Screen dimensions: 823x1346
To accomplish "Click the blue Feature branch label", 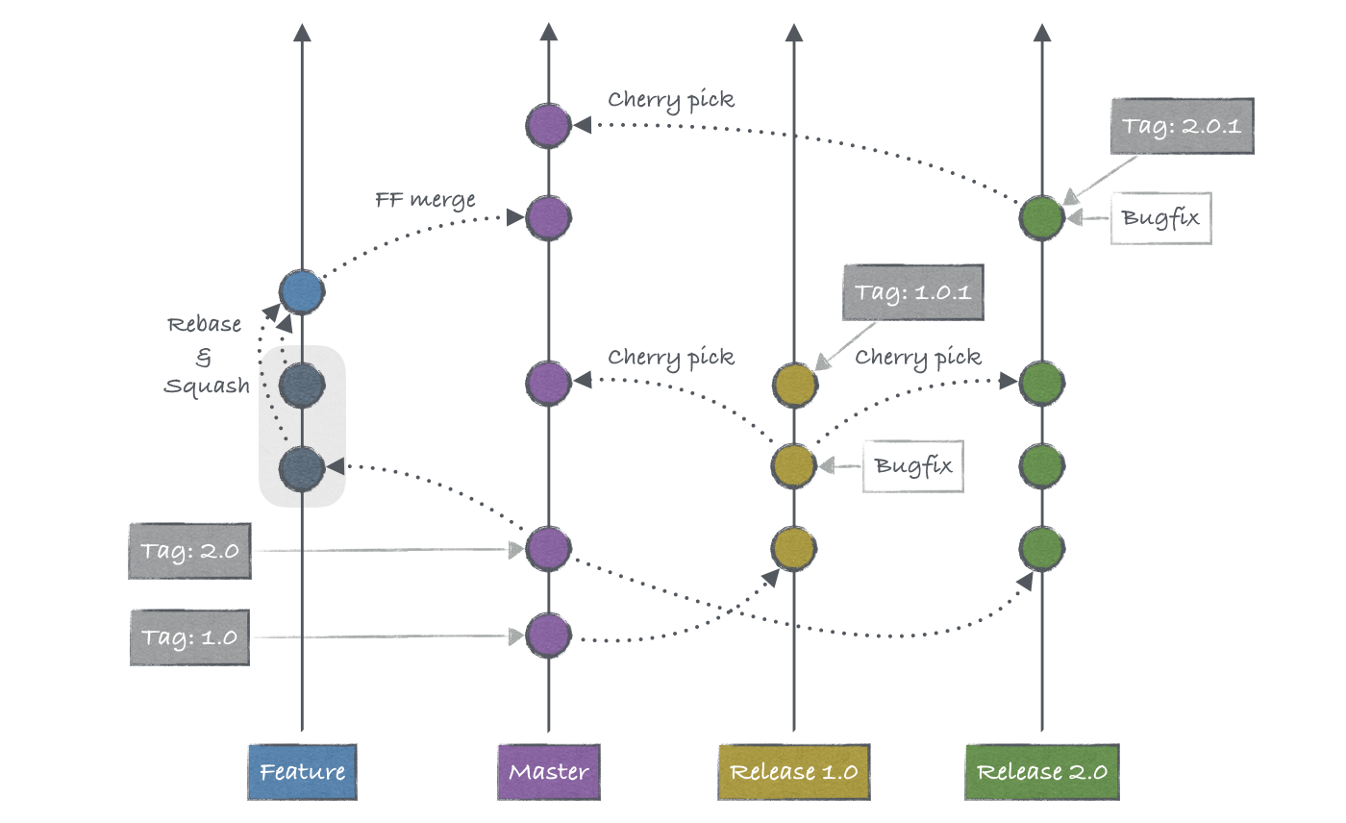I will tap(302, 771).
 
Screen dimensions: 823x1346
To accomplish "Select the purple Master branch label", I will tap(548, 771).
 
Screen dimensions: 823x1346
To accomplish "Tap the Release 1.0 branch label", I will tap(793, 771).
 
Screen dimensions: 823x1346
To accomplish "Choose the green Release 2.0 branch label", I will tap(1042, 771).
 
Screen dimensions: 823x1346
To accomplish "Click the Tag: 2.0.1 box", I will tap(1182, 126).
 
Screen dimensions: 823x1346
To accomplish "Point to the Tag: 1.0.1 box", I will tap(913, 292).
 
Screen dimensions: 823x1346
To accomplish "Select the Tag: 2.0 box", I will tap(189, 551).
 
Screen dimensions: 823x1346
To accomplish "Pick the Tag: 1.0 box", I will tap(189, 636).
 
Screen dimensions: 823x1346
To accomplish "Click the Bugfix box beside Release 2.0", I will tap(1160, 217).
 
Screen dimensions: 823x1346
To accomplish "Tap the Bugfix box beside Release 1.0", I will tap(913, 466).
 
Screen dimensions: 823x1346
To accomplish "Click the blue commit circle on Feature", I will tap(302, 292).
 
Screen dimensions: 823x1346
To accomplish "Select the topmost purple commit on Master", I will tap(548, 125).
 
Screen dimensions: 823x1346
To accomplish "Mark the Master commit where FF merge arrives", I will tap(548, 217).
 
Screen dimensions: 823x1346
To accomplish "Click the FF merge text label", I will tap(425, 201).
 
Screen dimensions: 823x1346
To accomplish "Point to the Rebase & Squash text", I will tap(205, 355).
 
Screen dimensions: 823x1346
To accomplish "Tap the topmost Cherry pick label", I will tap(671, 100).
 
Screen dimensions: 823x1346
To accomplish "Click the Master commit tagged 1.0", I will tap(548, 636).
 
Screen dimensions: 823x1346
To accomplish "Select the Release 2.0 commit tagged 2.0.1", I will tap(1042, 217).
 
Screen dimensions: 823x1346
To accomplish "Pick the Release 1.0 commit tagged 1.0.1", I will tap(795, 383).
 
